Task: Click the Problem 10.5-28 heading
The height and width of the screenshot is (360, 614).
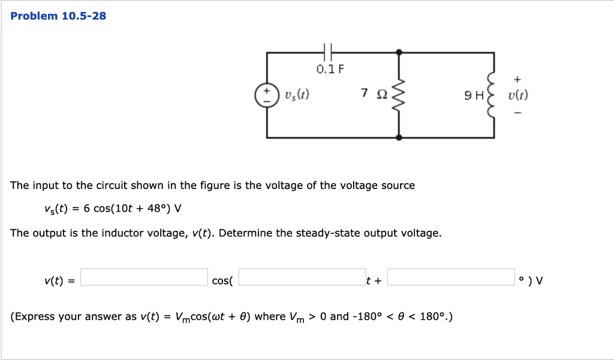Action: (x=58, y=16)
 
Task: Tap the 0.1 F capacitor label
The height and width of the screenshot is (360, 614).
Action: (x=330, y=69)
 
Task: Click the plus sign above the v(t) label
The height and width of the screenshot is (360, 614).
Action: (x=517, y=79)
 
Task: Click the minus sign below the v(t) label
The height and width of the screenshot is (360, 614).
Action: (x=517, y=112)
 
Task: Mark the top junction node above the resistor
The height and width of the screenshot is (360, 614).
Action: (x=399, y=53)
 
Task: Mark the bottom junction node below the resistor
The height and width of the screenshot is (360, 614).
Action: (x=399, y=137)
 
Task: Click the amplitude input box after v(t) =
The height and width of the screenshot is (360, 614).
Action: (x=144, y=277)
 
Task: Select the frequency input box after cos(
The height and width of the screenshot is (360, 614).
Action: (x=302, y=277)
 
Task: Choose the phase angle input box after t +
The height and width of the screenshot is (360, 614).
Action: (x=451, y=277)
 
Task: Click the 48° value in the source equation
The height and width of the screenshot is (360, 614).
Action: (x=158, y=209)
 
